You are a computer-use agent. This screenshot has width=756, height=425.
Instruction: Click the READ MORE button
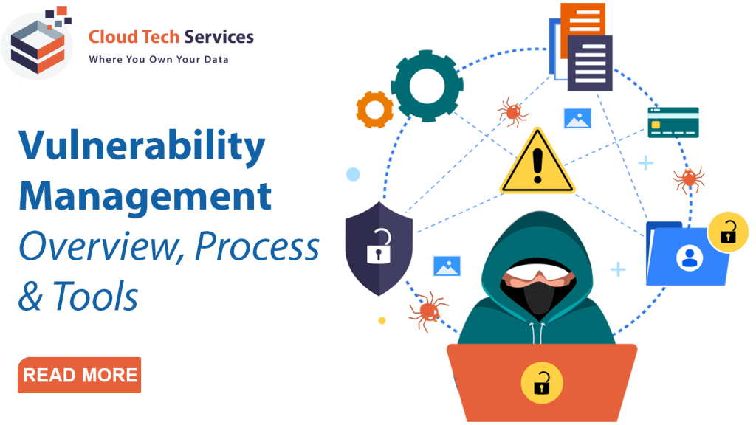(x=80, y=375)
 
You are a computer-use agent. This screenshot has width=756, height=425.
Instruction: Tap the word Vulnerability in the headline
(x=142, y=147)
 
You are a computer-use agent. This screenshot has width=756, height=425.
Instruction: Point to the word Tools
(x=95, y=296)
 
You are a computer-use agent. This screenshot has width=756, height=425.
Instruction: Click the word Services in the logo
(x=219, y=37)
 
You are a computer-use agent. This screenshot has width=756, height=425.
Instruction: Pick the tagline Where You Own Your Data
(x=159, y=59)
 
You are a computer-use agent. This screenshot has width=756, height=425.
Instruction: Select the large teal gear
(x=427, y=86)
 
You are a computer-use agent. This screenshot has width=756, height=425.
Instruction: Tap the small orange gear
(x=374, y=109)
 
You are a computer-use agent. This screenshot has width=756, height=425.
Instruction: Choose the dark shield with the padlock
(x=379, y=248)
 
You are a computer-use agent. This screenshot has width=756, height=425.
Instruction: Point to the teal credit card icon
(x=673, y=122)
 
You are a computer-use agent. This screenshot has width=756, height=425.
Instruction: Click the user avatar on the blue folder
(x=690, y=258)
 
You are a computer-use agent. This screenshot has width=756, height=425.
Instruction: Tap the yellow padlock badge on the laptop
(x=542, y=383)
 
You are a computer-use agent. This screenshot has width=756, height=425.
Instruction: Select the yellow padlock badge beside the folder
(x=728, y=232)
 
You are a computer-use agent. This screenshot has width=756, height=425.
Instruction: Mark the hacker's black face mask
(x=538, y=296)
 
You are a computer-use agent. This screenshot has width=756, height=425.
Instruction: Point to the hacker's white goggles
(x=538, y=274)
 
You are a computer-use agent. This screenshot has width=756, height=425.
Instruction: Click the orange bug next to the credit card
(x=689, y=179)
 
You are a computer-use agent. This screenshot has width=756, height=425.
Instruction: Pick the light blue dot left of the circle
(x=354, y=174)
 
